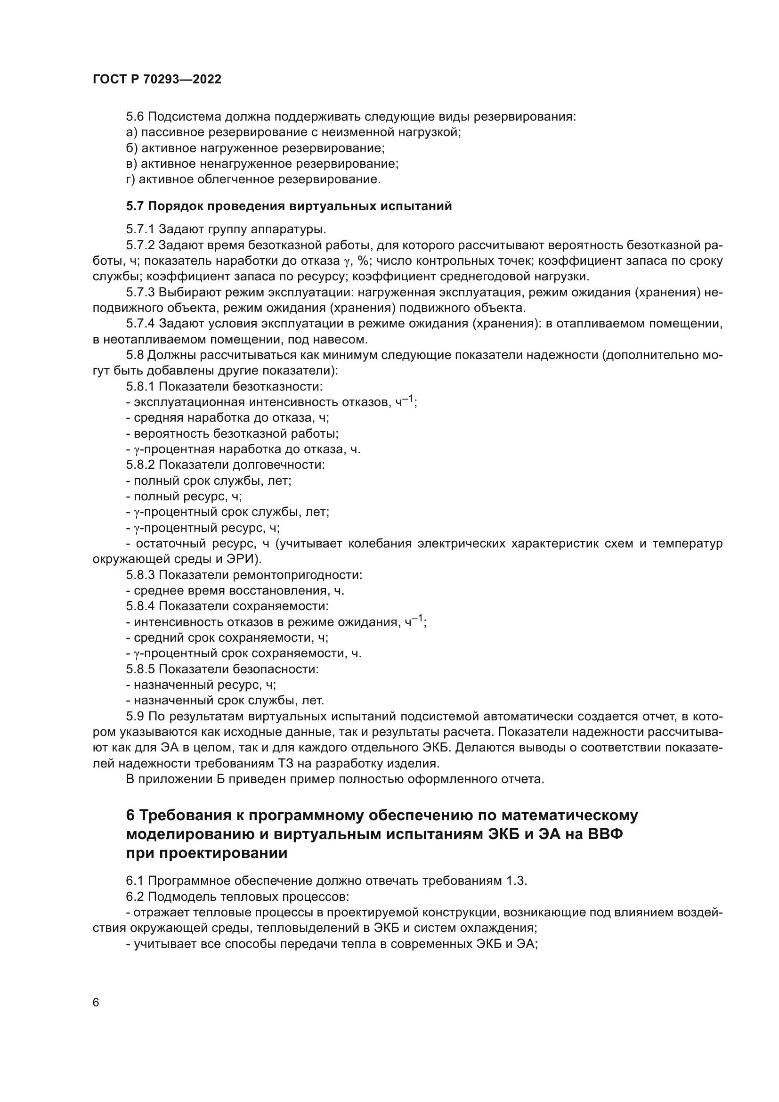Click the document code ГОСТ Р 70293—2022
[157, 80]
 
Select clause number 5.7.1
[140, 229]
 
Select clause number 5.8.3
[140, 575]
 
